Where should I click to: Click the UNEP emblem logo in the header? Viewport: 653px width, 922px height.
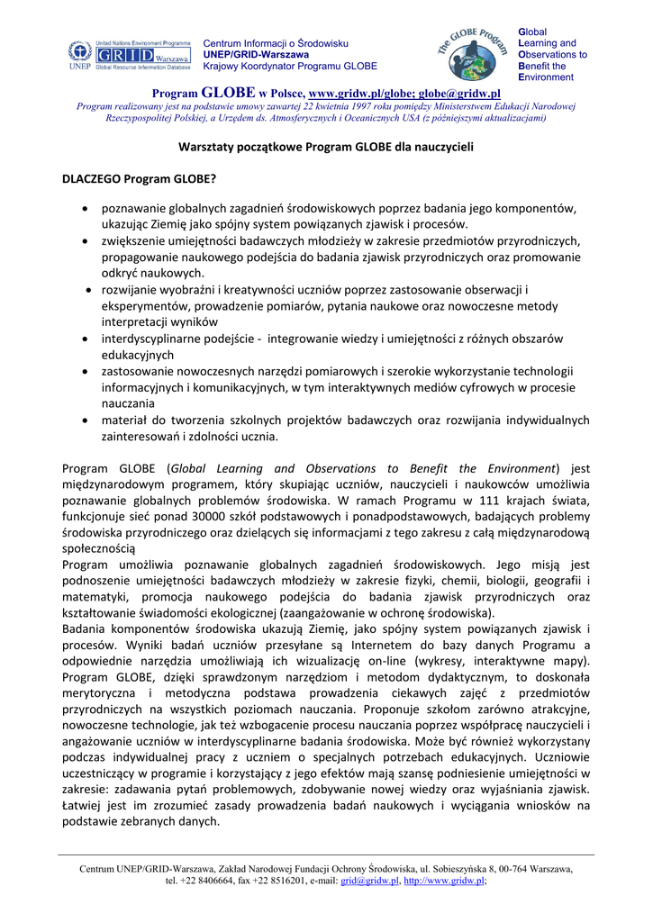click(78, 53)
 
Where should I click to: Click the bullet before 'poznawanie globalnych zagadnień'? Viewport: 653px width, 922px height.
click(84, 208)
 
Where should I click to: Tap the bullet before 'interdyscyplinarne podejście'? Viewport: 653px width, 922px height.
click(84, 339)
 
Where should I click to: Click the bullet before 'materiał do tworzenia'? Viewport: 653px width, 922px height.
click(84, 420)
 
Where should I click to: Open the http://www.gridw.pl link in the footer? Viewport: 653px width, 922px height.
click(444, 881)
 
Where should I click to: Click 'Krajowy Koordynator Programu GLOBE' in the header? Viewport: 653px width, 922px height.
click(290, 66)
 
